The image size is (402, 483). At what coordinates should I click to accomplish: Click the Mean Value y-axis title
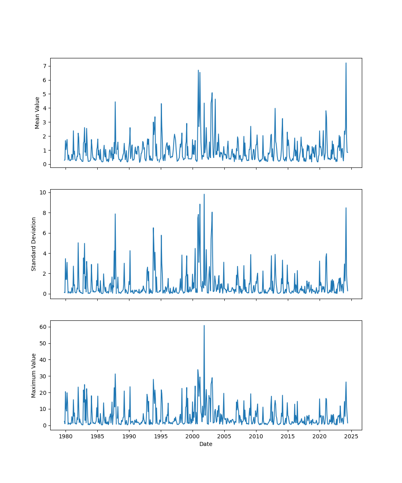click(x=37, y=113)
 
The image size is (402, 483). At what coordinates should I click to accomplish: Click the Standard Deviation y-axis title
click(x=34, y=244)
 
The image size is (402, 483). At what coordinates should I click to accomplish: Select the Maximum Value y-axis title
click(x=34, y=375)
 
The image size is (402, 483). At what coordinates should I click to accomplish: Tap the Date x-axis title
click(x=206, y=444)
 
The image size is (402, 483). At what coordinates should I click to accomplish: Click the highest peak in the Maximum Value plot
click(x=204, y=325)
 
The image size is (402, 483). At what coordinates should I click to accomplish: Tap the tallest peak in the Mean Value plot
click(x=346, y=63)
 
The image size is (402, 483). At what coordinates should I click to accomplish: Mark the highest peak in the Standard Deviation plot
click(x=204, y=194)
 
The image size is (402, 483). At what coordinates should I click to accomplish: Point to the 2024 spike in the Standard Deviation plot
click(x=346, y=208)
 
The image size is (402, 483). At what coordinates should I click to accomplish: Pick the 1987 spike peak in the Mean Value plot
click(x=115, y=101)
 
